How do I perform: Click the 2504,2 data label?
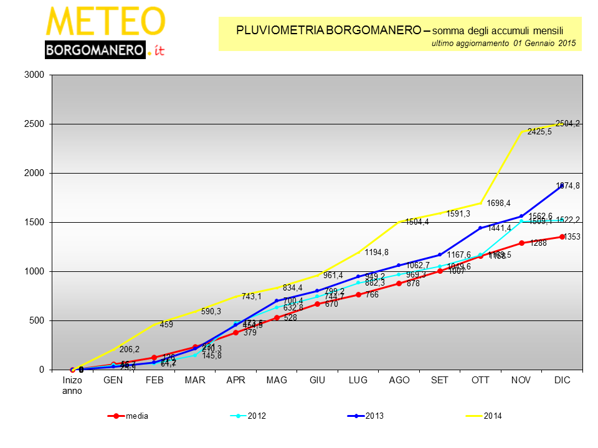567,123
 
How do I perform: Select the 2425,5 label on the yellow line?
539,131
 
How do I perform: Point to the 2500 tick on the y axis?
34,124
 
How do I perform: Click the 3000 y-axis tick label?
34,75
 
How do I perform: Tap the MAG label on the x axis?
277,380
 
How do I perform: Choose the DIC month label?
562,380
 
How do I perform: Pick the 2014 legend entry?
493,416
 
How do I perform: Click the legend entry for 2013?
374,416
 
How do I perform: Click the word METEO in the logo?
105,22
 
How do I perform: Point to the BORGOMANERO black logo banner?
95,50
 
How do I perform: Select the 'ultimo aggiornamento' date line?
503,44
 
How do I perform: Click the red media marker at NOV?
521,243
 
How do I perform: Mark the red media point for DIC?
562,236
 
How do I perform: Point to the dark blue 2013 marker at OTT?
480,228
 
